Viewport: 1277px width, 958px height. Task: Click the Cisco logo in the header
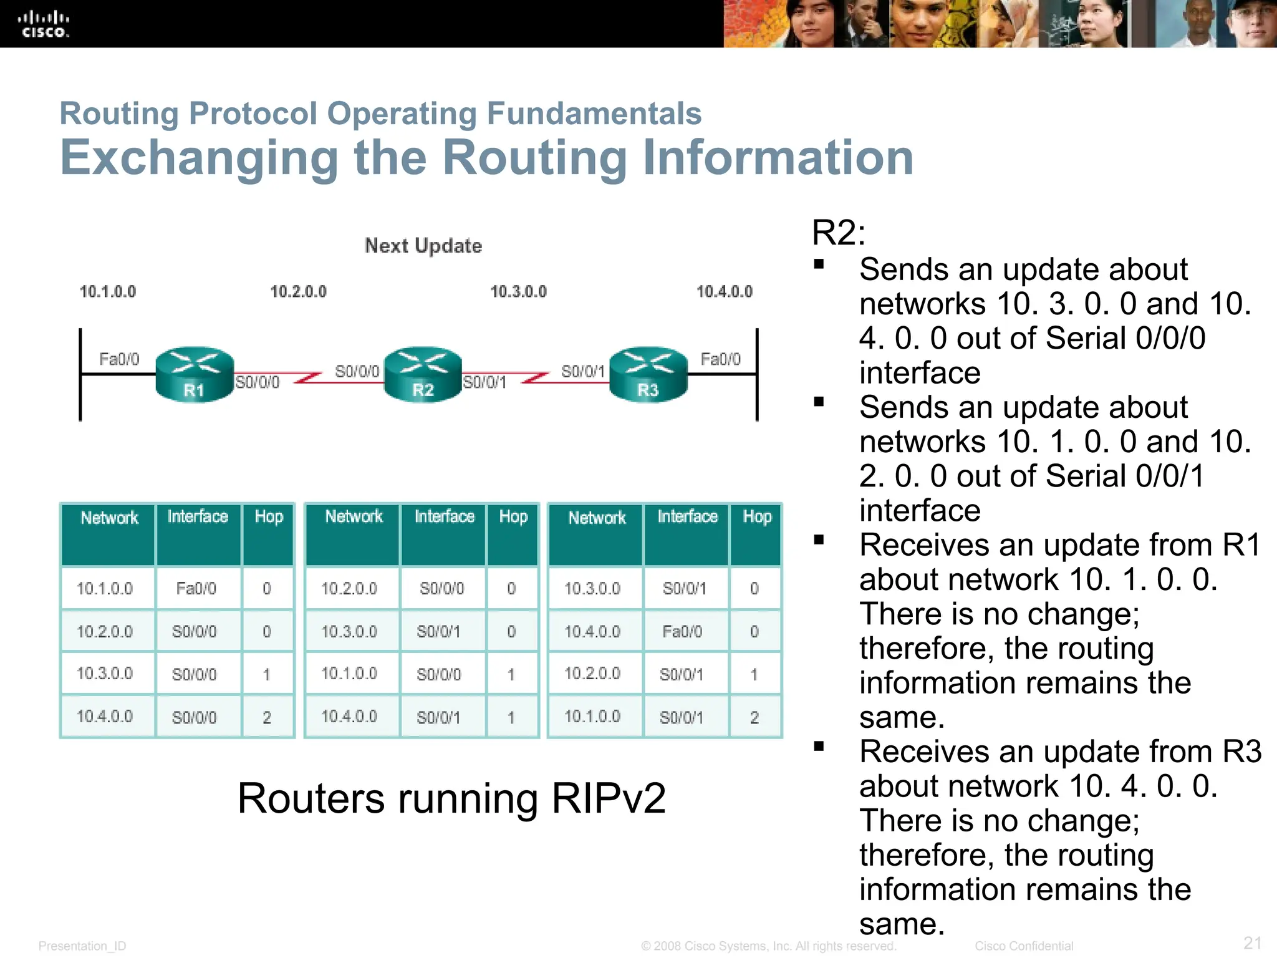point(43,24)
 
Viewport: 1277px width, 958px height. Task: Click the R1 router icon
point(194,374)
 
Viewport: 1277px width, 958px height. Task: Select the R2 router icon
point(423,374)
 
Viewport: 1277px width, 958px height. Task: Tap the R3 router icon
point(648,374)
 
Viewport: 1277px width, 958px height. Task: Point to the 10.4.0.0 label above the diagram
point(724,291)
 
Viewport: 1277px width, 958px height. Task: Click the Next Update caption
point(423,246)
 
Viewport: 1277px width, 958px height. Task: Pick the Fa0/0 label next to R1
point(119,359)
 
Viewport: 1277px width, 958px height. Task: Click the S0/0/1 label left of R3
point(582,372)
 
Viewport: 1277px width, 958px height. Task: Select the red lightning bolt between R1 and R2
point(307,377)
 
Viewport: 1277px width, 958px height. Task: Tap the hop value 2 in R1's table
point(267,717)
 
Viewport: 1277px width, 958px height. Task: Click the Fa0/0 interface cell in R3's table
point(682,632)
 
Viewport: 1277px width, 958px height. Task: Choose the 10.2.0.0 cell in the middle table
point(349,589)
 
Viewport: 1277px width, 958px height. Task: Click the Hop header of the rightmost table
point(757,517)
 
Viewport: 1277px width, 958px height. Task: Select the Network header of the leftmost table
point(109,518)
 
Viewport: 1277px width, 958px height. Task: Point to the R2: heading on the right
point(838,233)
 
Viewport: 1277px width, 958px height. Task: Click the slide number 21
point(1252,942)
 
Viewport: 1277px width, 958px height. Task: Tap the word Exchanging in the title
point(199,157)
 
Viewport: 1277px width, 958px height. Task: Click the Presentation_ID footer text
point(82,946)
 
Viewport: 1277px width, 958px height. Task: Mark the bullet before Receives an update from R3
point(819,746)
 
